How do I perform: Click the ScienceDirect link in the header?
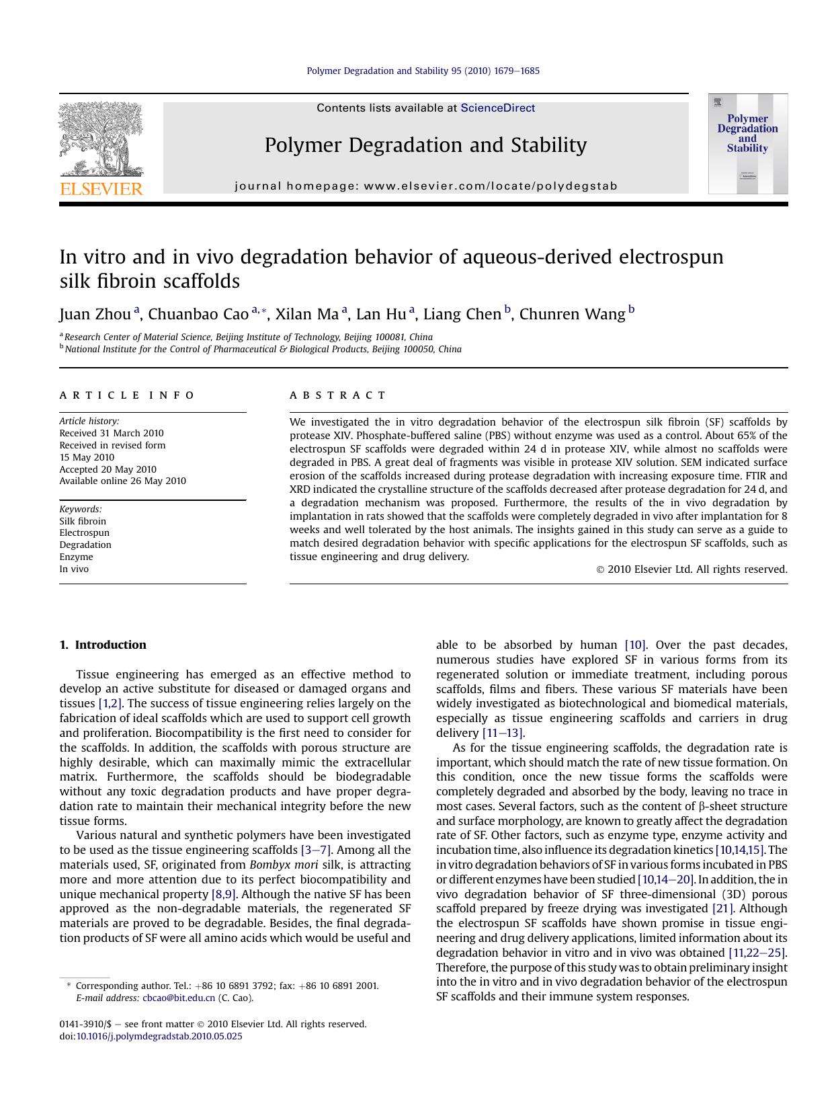coord(497,108)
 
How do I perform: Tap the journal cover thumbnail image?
coord(747,144)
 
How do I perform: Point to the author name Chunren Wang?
coord(572,314)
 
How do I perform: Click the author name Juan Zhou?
coord(95,314)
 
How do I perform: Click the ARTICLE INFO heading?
coord(127,395)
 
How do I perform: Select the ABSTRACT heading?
coord(338,395)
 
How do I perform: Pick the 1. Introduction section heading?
coord(103,645)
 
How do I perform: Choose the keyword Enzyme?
coord(76,557)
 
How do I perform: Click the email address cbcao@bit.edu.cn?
coord(179,998)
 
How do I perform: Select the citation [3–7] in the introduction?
coord(316,850)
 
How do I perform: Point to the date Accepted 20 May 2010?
coord(108,469)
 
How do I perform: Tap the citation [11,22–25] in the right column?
coord(757,953)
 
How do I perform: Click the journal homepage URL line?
coord(425,186)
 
